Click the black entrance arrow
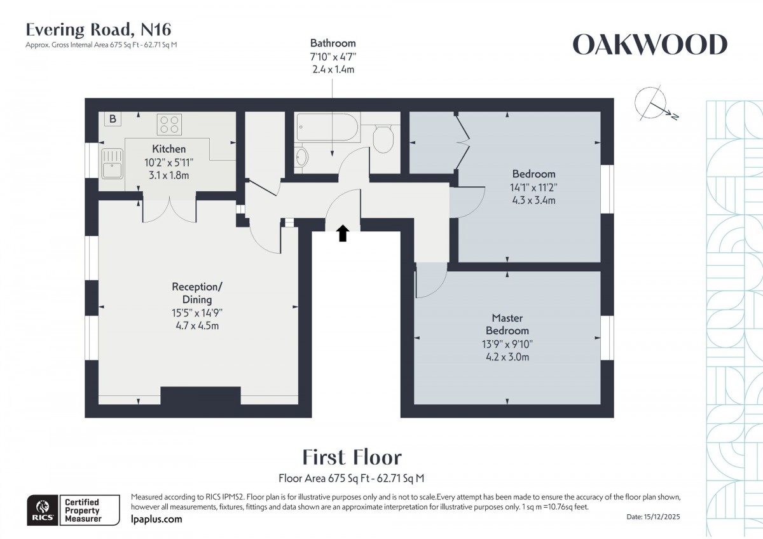tap(343, 233)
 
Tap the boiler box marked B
tap(113, 119)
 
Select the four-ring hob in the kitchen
tap(168, 123)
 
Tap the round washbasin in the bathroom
tap(301, 156)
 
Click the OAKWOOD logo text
tap(650, 45)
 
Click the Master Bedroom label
tap(507, 324)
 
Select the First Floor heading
tap(351, 457)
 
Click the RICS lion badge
tap(43, 508)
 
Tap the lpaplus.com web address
tap(156, 519)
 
